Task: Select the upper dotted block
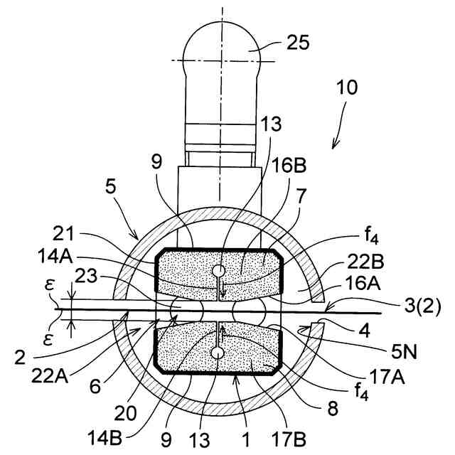(x=219, y=273)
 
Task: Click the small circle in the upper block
(x=218, y=271)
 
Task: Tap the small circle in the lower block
(x=218, y=353)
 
